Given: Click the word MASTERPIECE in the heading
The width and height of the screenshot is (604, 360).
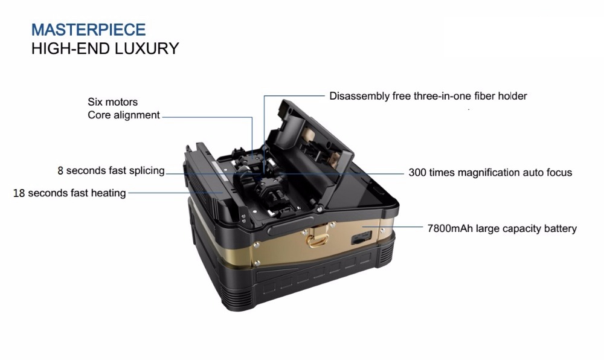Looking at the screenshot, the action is pyautogui.click(x=89, y=30).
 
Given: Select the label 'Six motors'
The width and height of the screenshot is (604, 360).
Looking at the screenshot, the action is pyautogui.click(x=112, y=102).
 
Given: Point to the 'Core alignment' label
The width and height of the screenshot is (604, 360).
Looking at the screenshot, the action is pyautogui.click(x=124, y=115).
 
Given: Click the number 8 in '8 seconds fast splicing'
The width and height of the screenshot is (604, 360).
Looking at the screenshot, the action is pyautogui.click(x=60, y=170).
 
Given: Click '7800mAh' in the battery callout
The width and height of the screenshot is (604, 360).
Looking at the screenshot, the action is pyautogui.click(x=450, y=228).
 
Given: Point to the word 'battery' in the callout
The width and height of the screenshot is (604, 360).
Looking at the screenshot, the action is pyautogui.click(x=561, y=229).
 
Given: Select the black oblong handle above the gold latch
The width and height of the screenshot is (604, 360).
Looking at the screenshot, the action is pyautogui.click(x=291, y=226).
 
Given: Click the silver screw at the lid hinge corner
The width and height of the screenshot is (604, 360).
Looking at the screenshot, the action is pyautogui.click(x=320, y=209).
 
